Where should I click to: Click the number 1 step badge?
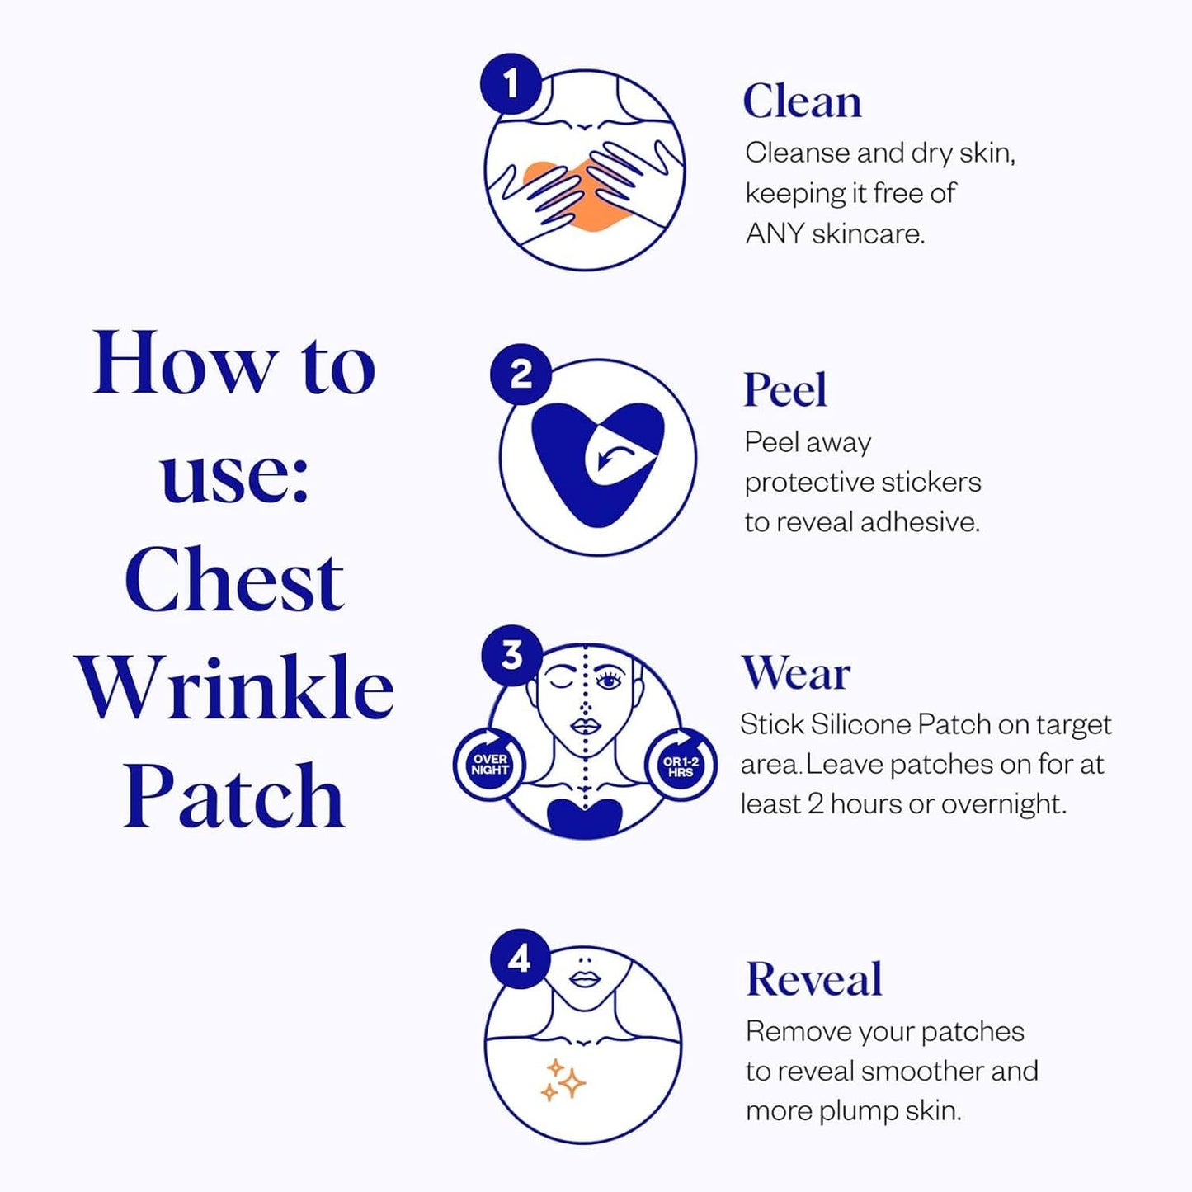coord(511,83)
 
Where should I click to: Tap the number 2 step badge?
coord(521,375)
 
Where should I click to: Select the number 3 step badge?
coord(512,655)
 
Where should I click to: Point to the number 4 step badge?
coord(520,959)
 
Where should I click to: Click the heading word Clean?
coord(802,102)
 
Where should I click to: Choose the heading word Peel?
coord(784,390)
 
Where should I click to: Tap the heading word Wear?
coord(795,673)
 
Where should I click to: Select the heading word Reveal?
coord(813,979)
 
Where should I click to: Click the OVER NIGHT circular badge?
coord(490,764)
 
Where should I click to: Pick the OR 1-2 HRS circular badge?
coord(681,766)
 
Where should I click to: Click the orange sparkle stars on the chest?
coord(563,1081)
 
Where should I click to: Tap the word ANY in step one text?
coord(775,233)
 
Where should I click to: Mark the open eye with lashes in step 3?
coord(610,681)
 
